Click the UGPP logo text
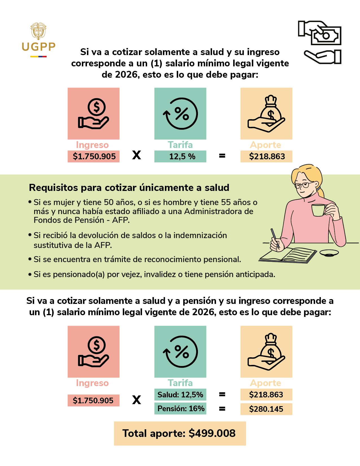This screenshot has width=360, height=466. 38,47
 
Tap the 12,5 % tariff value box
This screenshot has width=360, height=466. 180,156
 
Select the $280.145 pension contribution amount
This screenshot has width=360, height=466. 266,409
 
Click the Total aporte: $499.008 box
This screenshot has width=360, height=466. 180,433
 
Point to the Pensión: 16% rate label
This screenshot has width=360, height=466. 180,408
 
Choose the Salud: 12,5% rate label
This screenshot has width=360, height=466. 180,395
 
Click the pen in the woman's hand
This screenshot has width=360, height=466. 274,238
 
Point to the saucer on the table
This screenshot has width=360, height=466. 329,252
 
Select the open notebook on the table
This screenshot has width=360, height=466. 288,255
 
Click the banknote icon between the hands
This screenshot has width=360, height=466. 326,36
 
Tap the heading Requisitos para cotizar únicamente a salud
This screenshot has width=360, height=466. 129,188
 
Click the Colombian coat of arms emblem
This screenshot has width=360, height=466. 38,31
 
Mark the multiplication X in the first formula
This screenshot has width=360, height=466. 137,155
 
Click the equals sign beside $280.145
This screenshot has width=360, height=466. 222,408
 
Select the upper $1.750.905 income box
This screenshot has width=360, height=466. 93,156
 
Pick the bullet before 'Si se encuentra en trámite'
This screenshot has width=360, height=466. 30,259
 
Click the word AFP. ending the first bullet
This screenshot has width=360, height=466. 121,220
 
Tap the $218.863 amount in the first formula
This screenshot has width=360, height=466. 266,156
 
